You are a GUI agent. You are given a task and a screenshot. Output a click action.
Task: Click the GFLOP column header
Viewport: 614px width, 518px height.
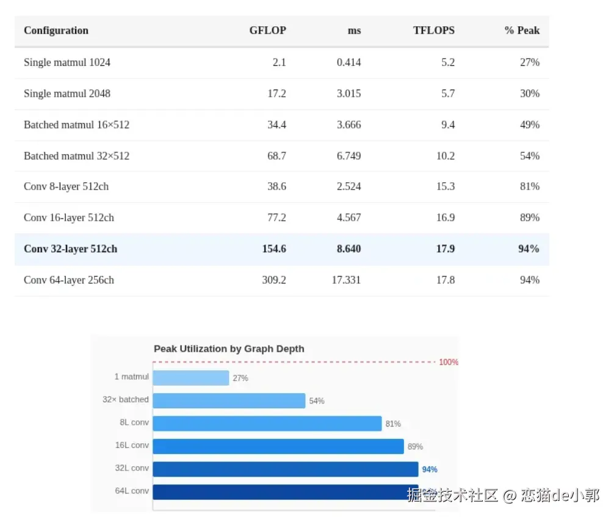[x=267, y=30]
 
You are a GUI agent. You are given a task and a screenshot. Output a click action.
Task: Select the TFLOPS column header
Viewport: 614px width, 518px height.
[x=433, y=30]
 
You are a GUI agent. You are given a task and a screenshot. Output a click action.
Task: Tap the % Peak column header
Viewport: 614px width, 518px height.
[x=522, y=30]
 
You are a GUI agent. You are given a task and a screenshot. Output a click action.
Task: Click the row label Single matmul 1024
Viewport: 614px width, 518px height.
[x=67, y=62]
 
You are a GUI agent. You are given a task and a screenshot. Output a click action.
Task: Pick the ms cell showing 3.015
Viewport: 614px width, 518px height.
[x=349, y=93]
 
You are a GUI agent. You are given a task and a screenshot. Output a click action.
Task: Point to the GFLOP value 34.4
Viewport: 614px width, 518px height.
[x=276, y=124]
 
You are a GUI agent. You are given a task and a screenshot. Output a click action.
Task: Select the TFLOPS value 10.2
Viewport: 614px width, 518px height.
[x=445, y=155]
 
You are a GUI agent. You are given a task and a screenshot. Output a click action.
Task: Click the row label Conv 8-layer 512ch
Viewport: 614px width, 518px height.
[x=66, y=186]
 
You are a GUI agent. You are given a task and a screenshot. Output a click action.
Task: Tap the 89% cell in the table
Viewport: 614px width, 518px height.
[x=530, y=218]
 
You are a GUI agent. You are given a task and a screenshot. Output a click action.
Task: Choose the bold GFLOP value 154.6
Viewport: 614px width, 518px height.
[x=274, y=249]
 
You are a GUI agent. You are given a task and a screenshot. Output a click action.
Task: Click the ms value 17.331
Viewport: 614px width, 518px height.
[x=346, y=280]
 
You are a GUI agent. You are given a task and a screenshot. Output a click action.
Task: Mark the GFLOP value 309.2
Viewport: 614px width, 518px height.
[x=274, y=280]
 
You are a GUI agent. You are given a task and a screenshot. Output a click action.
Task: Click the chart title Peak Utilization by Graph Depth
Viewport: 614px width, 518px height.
[x=229, y=349]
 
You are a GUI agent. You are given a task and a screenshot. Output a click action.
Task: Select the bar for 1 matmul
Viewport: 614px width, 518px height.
[x=190, y=378]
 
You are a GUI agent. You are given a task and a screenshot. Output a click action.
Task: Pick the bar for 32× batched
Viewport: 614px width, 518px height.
[x=229, y=400]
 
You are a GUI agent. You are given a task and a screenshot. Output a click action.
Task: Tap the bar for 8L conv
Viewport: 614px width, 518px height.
[x=267, y=424]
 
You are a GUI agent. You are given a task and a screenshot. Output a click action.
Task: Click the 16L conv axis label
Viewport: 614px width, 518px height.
[x=132, y=445]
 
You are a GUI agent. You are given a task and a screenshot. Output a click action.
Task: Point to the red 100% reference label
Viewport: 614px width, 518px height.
[x=449, y=362]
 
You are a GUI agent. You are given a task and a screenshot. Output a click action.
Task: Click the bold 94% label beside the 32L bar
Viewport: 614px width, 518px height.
[x=430, y=469]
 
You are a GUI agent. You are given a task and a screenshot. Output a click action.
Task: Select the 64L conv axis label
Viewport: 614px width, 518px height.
[x=132, y=491]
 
